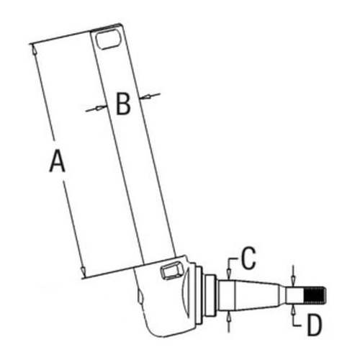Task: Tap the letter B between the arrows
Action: click(x=122, y=105)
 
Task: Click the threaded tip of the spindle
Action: click(x=317, y=294)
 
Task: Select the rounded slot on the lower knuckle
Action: click(x=171, y=271)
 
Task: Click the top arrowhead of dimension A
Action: click(x=33, y=47)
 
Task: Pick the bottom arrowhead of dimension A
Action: click(x=83, y=273)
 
